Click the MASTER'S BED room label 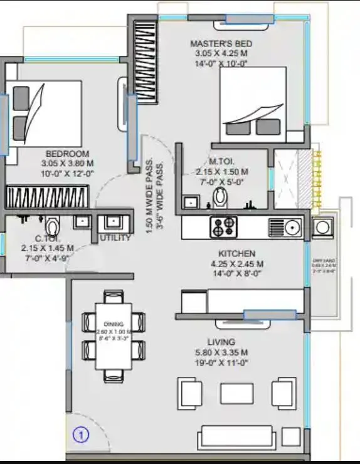point(222,43)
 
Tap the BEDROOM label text point(67,154)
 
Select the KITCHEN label point(236,253)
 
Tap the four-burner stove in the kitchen point(223,226)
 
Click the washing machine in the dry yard point(323,226)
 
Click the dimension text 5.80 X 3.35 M point(223,352)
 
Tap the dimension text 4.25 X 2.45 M point(236,263)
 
